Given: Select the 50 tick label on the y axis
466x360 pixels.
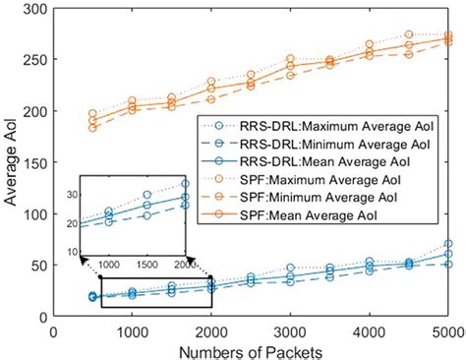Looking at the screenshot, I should pos(35,266).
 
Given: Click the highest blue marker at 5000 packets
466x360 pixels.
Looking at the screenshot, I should pos(448,244).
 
